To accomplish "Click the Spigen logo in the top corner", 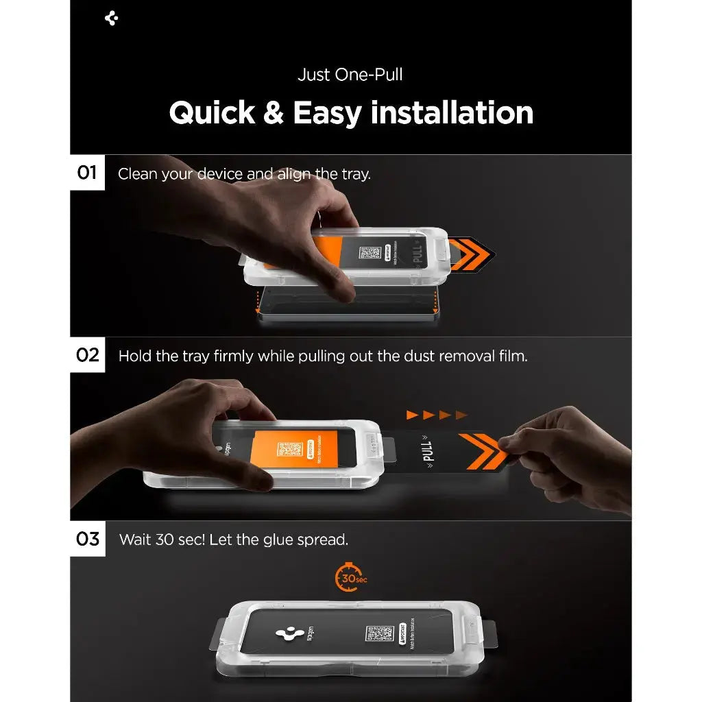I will pos(112,19).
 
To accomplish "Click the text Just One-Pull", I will pos(350,74).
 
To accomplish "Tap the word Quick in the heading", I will pos(210,112).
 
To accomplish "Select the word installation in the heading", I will pos(452,112).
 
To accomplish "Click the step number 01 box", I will pos(87,172).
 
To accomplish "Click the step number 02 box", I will pos(87,355).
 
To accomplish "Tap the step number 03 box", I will pos(87,539).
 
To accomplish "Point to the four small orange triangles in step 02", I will pos(437,415).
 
